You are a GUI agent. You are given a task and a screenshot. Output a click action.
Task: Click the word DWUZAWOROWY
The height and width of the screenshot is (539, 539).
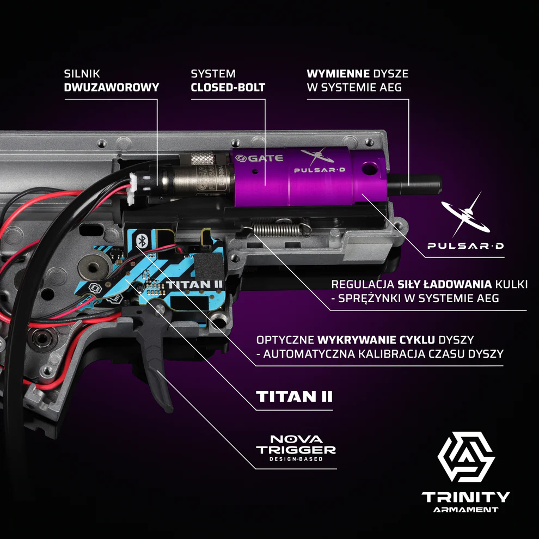(x=112, y=87)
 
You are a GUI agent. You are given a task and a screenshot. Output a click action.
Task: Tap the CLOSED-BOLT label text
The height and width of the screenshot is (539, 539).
(x=228, y=87)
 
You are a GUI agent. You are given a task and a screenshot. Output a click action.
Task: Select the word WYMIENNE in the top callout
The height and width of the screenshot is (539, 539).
(x=338, y=73)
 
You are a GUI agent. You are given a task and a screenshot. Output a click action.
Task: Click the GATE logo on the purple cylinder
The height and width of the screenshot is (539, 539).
(x=260, y=158)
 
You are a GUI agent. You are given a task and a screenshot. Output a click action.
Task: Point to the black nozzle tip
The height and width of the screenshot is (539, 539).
(x=414, y=184)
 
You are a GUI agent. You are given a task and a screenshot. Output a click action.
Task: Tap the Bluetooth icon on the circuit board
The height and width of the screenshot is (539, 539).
(x=142, y=240)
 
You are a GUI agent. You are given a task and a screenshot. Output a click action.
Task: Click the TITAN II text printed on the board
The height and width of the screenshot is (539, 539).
(x=194, y=285)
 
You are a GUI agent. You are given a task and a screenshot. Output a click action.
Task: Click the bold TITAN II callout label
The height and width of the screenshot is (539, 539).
(x=294, y=396)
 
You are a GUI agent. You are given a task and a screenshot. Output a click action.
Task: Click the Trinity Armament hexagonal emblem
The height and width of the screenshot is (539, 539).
(x=466, y=457)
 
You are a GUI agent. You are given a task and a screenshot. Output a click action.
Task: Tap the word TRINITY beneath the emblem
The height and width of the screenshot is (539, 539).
(x=466, y=497)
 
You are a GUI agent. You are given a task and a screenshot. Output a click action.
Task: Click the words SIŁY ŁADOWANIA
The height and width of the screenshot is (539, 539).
(x=444, y=284)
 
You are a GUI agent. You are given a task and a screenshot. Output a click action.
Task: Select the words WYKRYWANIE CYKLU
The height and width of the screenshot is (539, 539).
(x=376, y=340)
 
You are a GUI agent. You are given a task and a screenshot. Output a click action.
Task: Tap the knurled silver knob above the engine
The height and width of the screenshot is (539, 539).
(x=203, y=158)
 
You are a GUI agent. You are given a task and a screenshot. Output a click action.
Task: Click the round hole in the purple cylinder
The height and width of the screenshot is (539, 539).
(x=369, y=168)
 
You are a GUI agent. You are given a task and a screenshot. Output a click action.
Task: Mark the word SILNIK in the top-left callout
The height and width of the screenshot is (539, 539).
(x=82, y=73)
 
